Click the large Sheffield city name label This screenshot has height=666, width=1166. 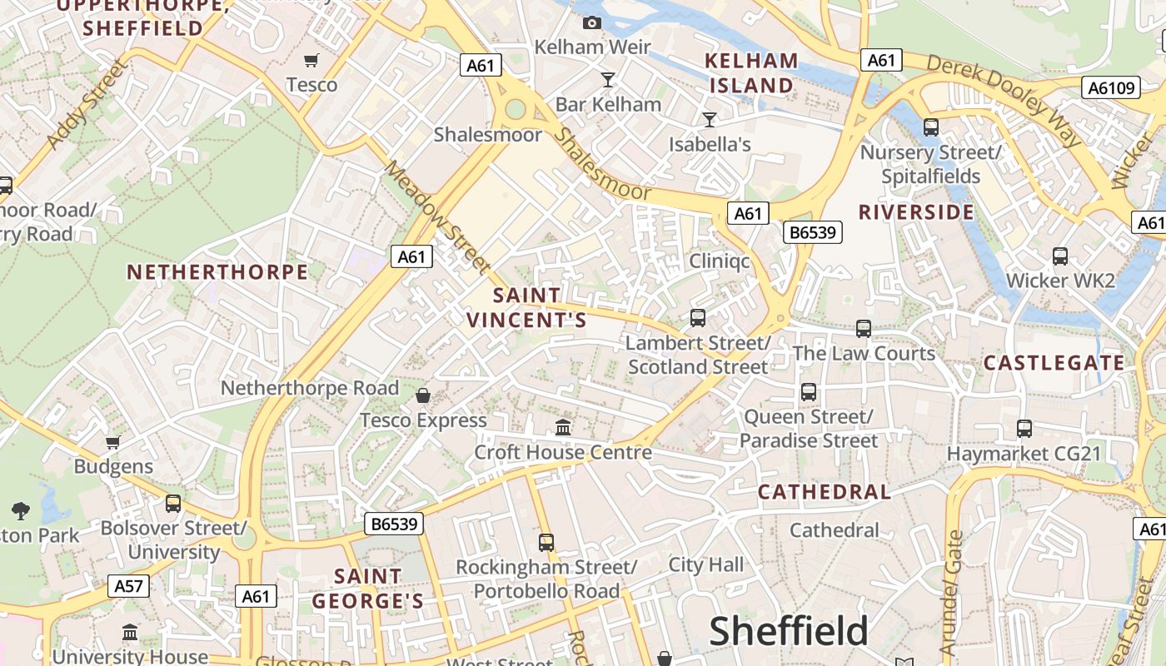click(789, 632)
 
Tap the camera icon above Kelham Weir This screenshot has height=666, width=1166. click(592, 22)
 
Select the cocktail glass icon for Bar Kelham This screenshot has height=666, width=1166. click(608, 80)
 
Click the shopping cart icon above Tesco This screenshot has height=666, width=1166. click(311, 60)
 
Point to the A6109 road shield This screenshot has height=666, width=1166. click(1112, 87)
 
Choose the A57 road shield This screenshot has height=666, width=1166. click(128, 586)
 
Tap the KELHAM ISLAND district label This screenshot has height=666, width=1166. click(751, 72)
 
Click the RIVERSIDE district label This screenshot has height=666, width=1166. click(916, 212)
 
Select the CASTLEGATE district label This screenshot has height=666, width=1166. click(1054, 363)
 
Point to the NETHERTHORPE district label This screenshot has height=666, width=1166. click(217, 272)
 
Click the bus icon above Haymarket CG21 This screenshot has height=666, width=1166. click(1024, 429)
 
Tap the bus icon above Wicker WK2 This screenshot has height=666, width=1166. click(1060, 256)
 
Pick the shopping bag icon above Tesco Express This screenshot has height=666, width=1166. click(423, 395)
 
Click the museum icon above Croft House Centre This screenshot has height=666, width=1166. click(563, 427)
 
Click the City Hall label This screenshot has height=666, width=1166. click(706, 565)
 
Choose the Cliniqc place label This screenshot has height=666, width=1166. click(720, 261)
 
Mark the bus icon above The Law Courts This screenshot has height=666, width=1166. click(864, 329)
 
